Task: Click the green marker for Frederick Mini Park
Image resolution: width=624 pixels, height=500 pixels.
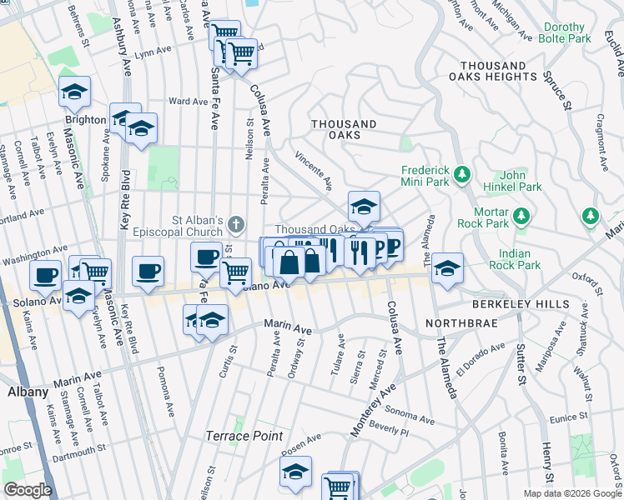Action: coord(461,175)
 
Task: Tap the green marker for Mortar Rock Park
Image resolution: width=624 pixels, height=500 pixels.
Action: coord(522,217)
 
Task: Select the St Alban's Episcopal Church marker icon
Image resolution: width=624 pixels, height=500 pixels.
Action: coord(236,223)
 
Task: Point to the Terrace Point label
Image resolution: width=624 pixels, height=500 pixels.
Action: coord(245,436)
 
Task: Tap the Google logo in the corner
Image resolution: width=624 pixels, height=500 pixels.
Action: coord(28,490)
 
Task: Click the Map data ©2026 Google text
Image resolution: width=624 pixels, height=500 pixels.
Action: coord(571,493)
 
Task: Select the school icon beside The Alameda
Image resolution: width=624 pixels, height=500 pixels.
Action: coord(447,267)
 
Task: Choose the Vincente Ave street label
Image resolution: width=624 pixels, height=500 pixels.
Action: coord(315,170)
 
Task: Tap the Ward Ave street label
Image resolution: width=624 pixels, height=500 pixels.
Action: coord(188,102)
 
